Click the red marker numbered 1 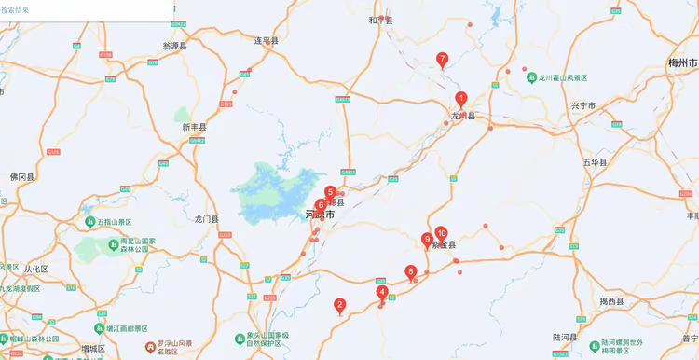[460, 99]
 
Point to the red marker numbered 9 [427, 240]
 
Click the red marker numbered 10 [442, 233]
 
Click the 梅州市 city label [683, 62]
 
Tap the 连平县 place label [267, 40]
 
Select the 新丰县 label [194, 127]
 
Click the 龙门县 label [206, 219]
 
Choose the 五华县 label [596, 161]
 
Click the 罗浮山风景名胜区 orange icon [149, 347]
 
